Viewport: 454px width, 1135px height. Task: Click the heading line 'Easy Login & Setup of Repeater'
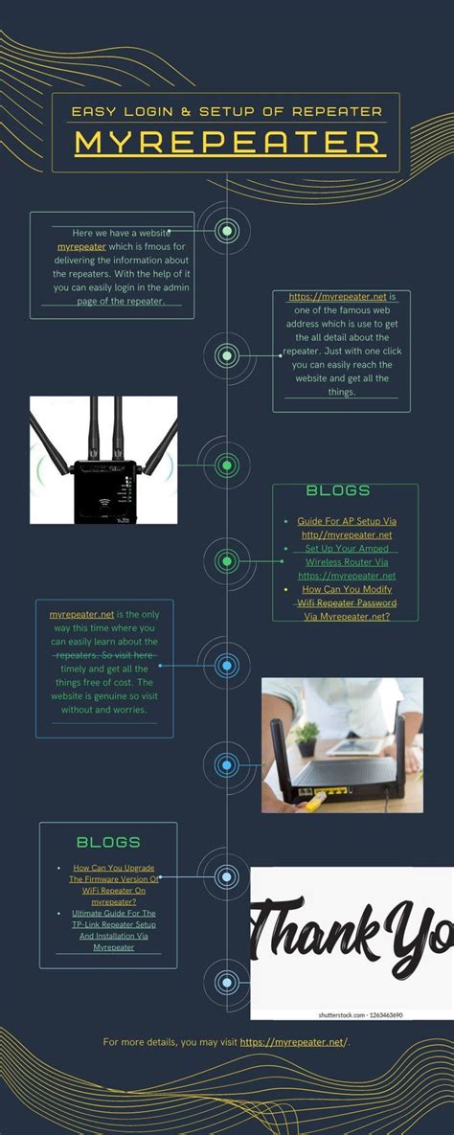pyautogui.click(x=227, y=111)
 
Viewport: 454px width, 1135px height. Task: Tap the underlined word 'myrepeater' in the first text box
pyautogui.click(x=81, y=246)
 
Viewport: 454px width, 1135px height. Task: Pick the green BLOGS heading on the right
pyautogui.click(x=338, y=490)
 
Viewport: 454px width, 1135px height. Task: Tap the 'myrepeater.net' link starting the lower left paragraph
pyautogui.click(x=81, y=614)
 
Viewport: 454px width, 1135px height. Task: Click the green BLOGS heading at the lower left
pyautogui.click(x=108, y=842)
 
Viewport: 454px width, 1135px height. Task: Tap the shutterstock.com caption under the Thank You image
pyautogui.click(x=360, y=1014)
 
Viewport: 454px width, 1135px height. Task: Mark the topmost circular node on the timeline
pyautogui.click(x=227, y=230)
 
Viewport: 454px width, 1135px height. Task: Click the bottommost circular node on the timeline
pyautogui.click(x=226, y=982)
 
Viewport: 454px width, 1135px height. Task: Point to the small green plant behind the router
pyautogui.click(x=306, y=736)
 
